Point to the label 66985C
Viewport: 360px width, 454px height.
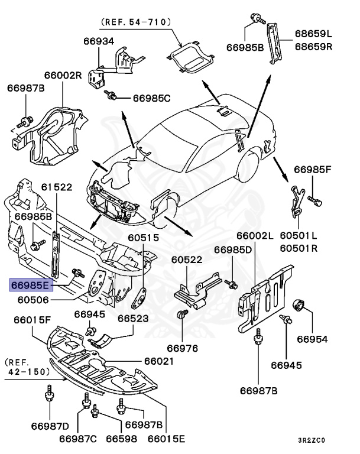[151, 98]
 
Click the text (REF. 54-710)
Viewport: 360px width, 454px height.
[136, 21]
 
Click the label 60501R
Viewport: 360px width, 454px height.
[299, 248]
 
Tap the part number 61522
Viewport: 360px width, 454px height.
[57, 187]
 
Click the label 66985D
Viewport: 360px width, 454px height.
[233, 250]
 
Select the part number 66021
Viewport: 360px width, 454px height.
[158, 361]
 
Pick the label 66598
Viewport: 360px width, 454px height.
[122, 439]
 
